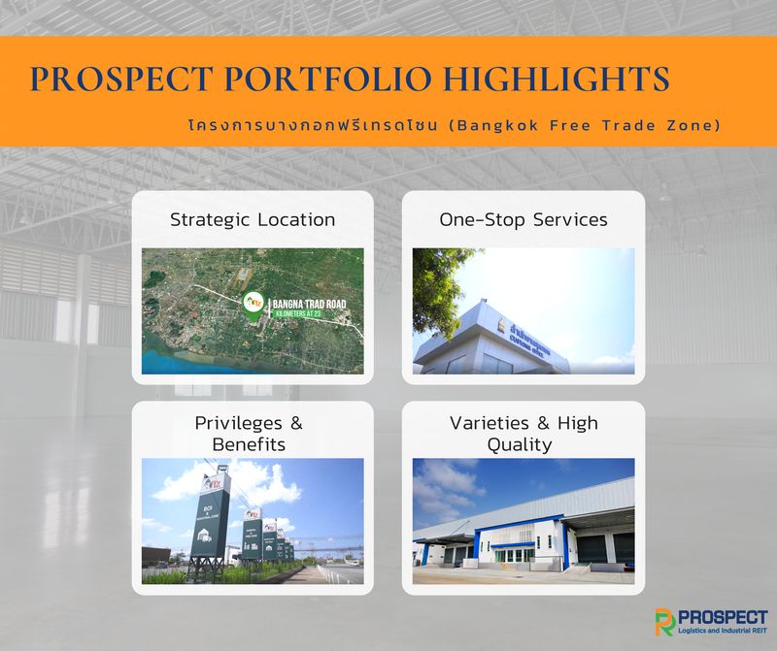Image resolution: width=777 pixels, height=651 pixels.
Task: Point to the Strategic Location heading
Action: click(x=253, y=219)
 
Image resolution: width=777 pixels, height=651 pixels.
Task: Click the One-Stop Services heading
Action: click(x=524, y=219)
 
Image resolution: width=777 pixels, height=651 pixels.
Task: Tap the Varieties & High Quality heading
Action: click(x=524, y=434)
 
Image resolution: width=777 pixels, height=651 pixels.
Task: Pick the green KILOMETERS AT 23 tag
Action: click(x=310, y=316)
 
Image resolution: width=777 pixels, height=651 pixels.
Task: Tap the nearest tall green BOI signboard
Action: click(x=210, y=529)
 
